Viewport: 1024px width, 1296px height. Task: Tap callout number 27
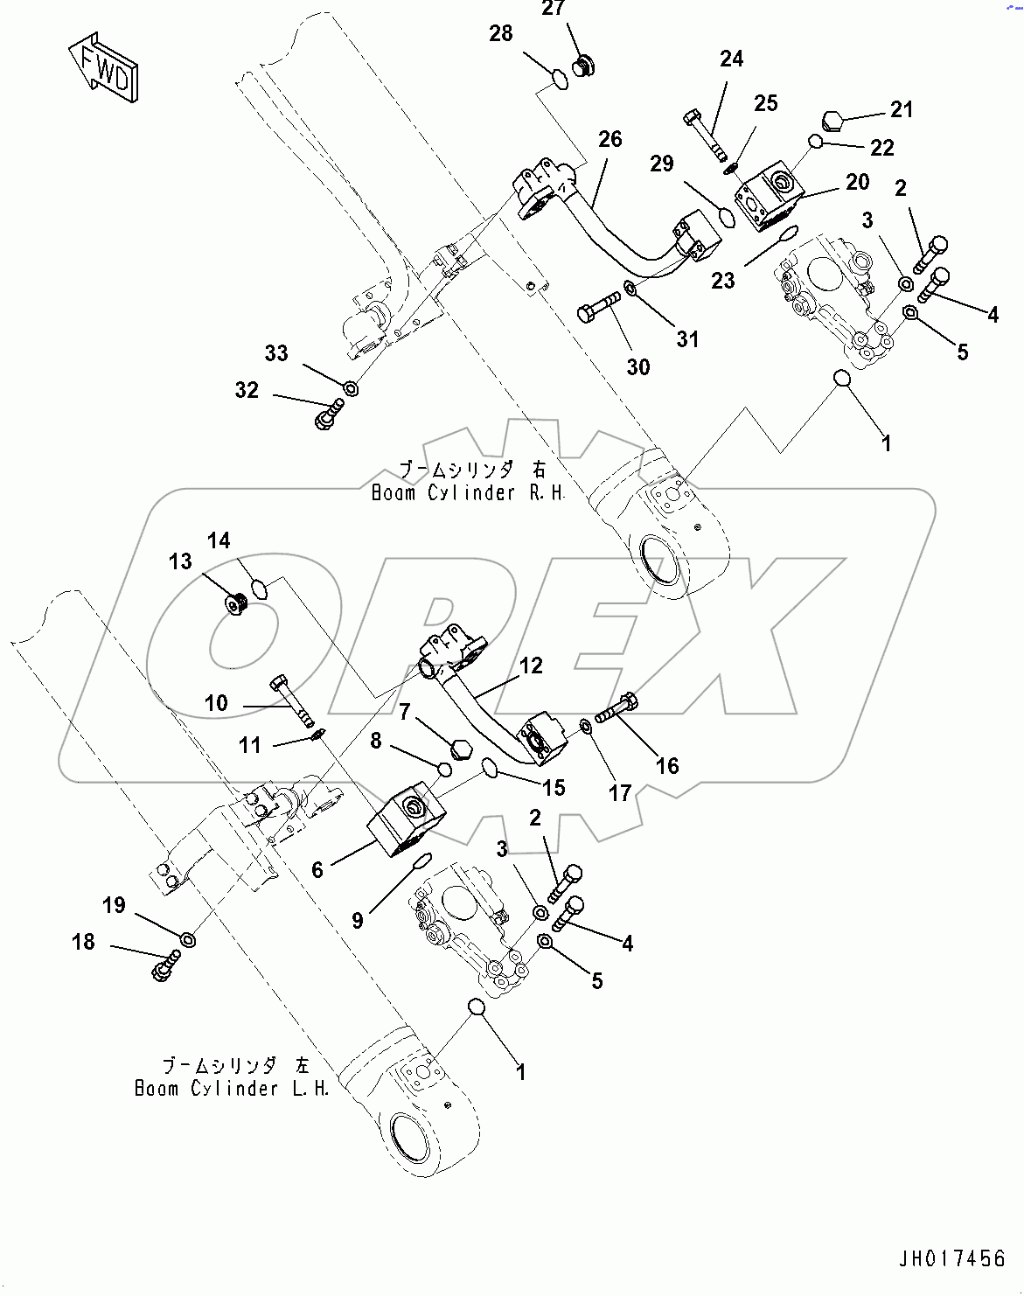(x=554, y=10)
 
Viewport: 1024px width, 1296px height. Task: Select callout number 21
(x=902, y=109)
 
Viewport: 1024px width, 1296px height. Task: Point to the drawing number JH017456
(x=951, y=1259)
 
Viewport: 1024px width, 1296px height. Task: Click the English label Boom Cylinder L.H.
(x=232, y=1089)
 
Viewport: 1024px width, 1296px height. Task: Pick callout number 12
(x=531, y=666)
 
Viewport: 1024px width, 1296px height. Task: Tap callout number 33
(x=276, y=353)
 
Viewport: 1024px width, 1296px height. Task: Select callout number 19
(x=115, y=905)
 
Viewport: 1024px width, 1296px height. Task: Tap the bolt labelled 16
(x=617, y=707)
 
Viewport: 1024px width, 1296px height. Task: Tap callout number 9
(x=358, y=920)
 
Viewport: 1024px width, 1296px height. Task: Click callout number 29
(x=662, y=164)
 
